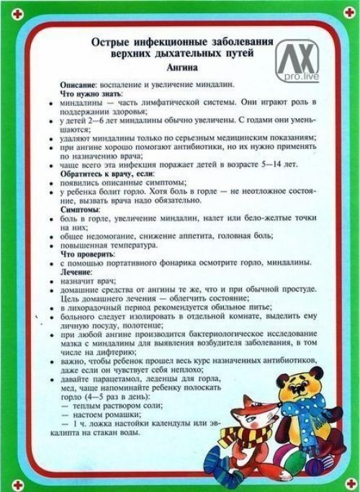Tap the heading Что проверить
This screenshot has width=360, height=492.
click(86, 255)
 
